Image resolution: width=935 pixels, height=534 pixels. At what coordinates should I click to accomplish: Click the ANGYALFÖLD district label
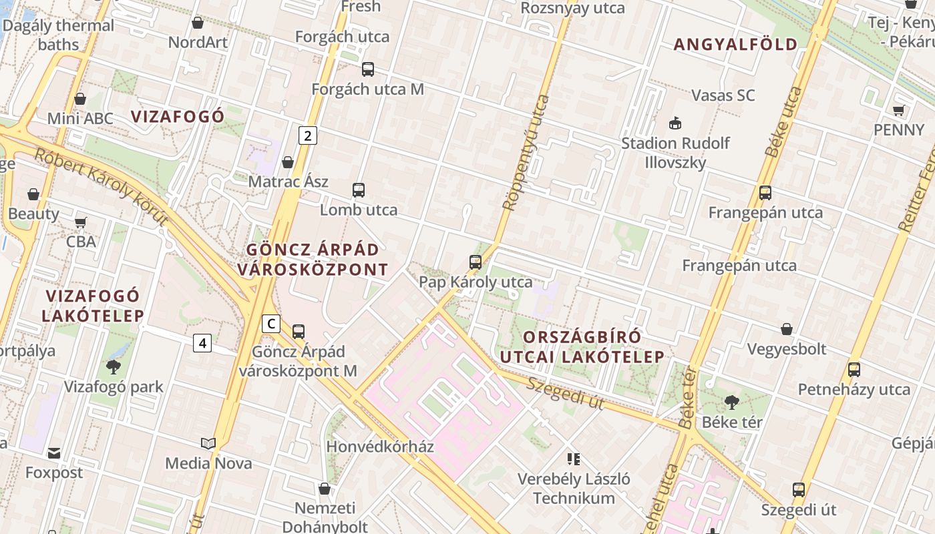pyautogui.click(x=735, y=45)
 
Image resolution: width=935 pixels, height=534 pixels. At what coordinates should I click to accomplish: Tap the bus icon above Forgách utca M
pyautogui.click(x=367, y=69)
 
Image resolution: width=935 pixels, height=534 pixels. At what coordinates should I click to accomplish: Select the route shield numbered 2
pyautogui.click(x=307, y=136)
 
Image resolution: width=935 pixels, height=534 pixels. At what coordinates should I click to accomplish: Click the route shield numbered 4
pyautogui.click(x=202, y=343)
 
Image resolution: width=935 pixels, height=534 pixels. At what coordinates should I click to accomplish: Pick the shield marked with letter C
pyautogui.click(x=270, y=324)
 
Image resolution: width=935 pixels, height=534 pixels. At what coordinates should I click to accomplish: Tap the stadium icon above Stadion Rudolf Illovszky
pyautogui.click(x=675, y=123)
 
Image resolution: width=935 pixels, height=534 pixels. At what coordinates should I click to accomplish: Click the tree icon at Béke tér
pyautogui.click(x=731, y=402)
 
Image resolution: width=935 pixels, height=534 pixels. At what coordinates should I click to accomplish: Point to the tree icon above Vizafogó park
pyautogui.click(x=113, y=366)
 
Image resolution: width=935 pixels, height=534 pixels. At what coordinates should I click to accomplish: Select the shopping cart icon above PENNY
pyautogui.click(x=898, y=110)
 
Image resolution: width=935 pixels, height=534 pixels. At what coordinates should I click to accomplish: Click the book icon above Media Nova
pyautogui.click(x=208, y=443)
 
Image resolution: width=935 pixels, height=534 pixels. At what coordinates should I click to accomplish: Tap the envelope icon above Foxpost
pyautogui.click(x=54, y=453)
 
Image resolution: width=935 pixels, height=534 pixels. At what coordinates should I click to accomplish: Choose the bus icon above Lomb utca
pyautogui.click(x=359, y=190)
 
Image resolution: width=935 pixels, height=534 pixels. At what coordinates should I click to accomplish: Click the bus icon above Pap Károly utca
pyautogui.click(x=476, y=262)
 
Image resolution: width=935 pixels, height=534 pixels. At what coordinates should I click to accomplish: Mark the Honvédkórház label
pyautogui.click(x=380, y=447)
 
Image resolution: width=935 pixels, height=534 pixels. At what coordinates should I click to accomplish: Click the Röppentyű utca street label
pyautogui.click(x=526, y=153)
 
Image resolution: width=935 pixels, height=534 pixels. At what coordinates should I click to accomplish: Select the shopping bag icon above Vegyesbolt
pyautogui.click(x=787, y=329)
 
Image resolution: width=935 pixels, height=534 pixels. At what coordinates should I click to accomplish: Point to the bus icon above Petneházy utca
pyautogui.click(x=854, y=369)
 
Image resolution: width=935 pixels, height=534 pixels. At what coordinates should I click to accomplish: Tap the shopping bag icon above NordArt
pyautogui.click(x=198, y=23)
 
